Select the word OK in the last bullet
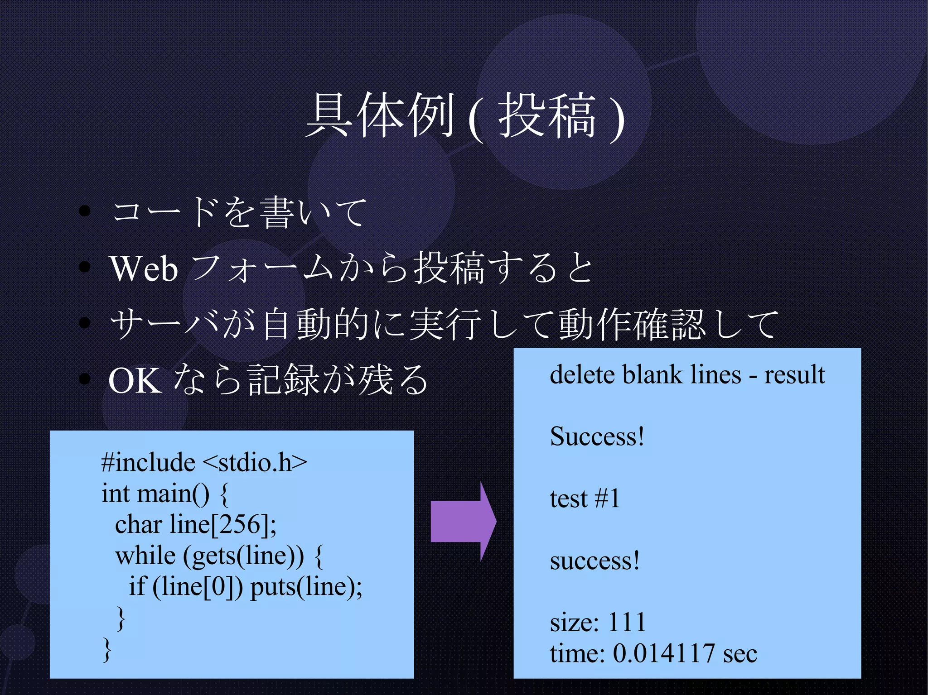[x=135, y=380]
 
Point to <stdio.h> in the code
[x=255, y=462]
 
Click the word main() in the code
[x=173, y=493]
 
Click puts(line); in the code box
[x=306, y=586]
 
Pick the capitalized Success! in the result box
[x=597, y=436]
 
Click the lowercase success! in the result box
[x=594, y=561]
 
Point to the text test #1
[x=585, y=498]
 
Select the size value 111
[x=627, y=622]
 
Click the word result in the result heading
[x=794, y=375]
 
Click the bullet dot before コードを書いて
[x=84, y=211]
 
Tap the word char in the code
[x=138, y=524]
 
